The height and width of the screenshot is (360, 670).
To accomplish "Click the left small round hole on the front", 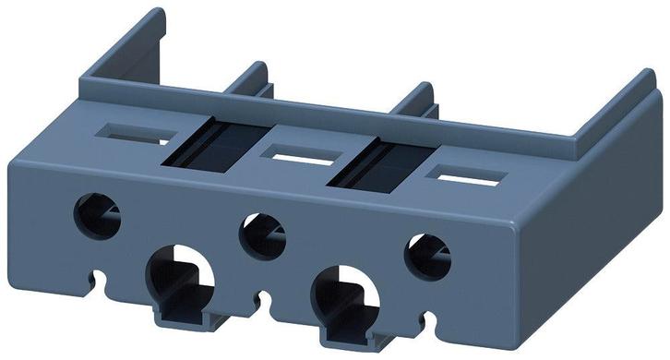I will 97,215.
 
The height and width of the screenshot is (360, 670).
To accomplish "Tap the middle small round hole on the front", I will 262,235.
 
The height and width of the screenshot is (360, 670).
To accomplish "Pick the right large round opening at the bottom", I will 345,294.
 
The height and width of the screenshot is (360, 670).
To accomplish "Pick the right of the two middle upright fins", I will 420,104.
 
